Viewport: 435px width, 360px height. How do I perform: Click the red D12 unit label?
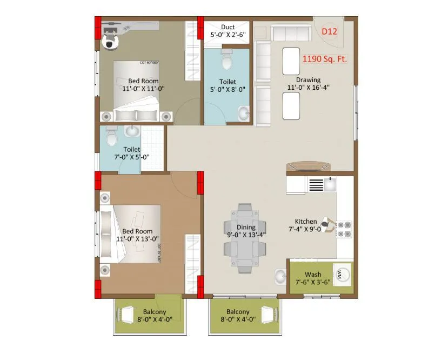click(x=329, y=31)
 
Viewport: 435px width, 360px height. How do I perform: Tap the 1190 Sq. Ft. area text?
click(x=324, y=59)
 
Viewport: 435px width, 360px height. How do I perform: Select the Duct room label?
click(x=227, y=27)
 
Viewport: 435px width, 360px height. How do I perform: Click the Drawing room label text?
click(x=308, y=80)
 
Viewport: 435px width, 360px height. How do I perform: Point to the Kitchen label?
click(x=305, y=222)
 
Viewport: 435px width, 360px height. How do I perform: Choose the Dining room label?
click(x=245, y=227)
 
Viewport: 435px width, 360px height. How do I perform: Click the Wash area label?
click(x=313, y=275)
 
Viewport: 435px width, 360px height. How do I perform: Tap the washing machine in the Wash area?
click(x=342, y=274)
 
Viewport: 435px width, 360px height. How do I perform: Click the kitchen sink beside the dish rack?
click(x=329, y=184)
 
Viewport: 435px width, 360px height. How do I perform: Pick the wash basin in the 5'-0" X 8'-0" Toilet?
click(x=244, y=114)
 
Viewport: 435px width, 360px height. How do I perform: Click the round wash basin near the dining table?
click(x=280, y=277)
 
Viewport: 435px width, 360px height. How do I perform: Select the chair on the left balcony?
click(x=128, y=315)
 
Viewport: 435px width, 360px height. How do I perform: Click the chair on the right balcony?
click(x=267, y=315)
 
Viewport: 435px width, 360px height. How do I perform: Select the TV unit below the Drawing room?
click(x=308, y=166)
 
